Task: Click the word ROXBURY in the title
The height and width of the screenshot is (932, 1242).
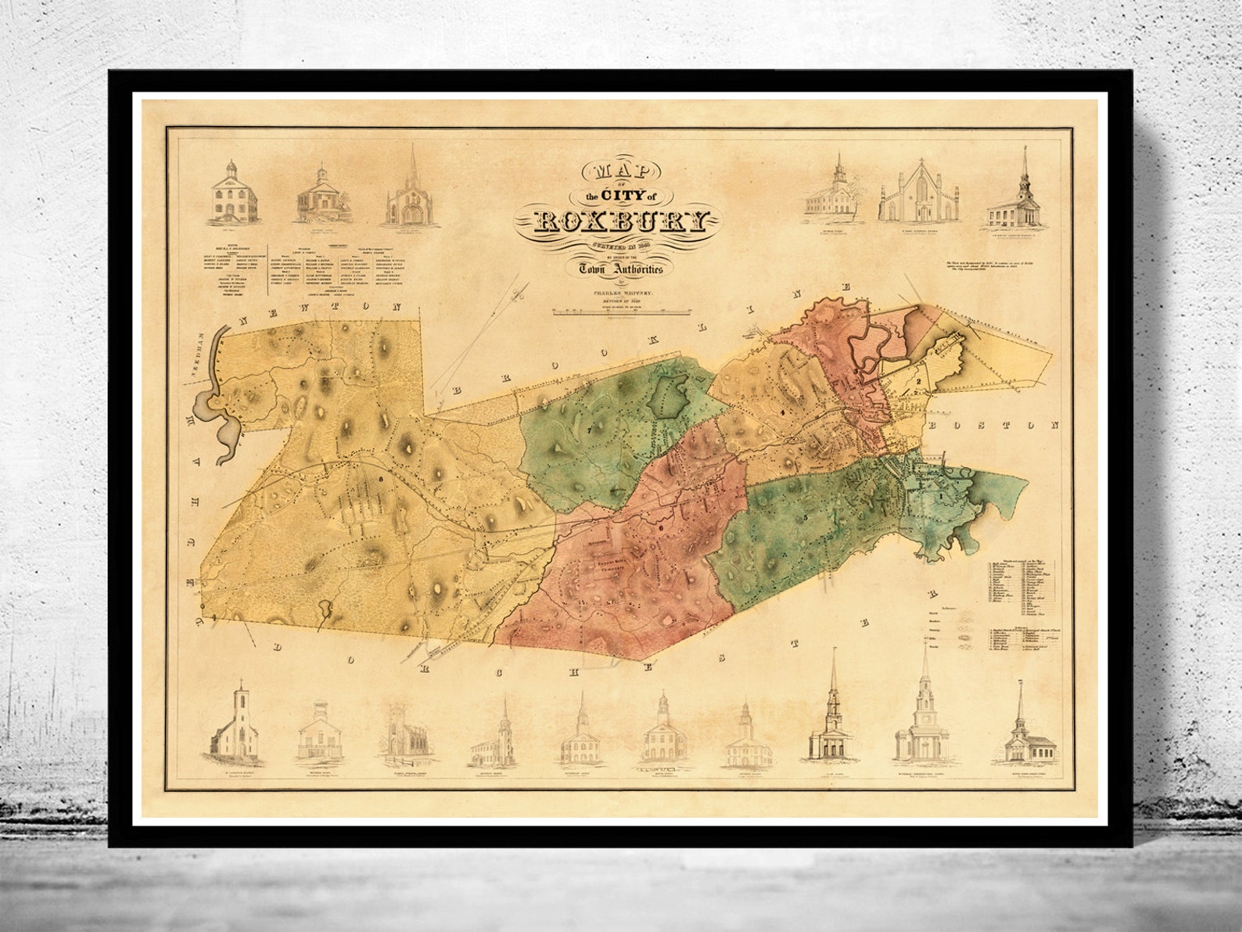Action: (621, 223)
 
